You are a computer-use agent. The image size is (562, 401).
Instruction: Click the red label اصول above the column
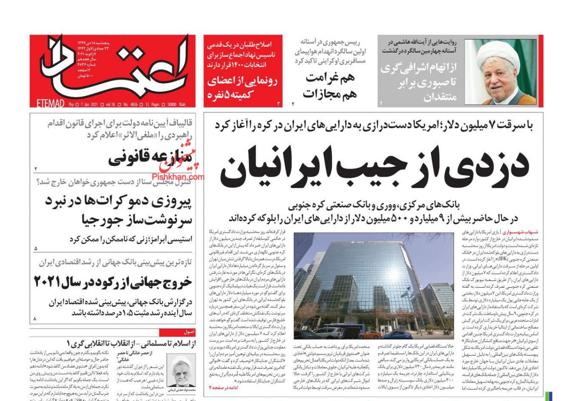pyautogui.click(x=189, y=332)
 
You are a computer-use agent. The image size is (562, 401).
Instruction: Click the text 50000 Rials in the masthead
pyautogui.click(x=175, y=104)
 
